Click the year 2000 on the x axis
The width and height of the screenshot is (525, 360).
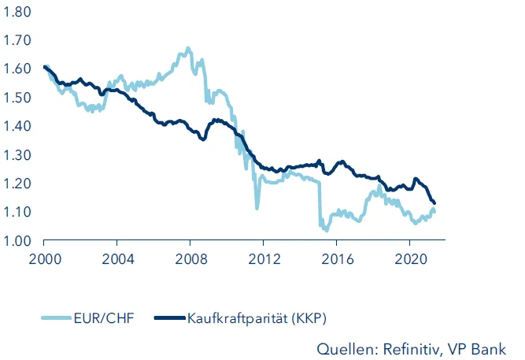coord(43,259)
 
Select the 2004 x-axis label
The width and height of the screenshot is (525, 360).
coord(116,259)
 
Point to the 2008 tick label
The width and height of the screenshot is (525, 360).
coord(190,259)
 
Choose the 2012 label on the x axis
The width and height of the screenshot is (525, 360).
coord(264,259)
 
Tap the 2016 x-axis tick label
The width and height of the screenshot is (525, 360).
coord(337,259)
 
